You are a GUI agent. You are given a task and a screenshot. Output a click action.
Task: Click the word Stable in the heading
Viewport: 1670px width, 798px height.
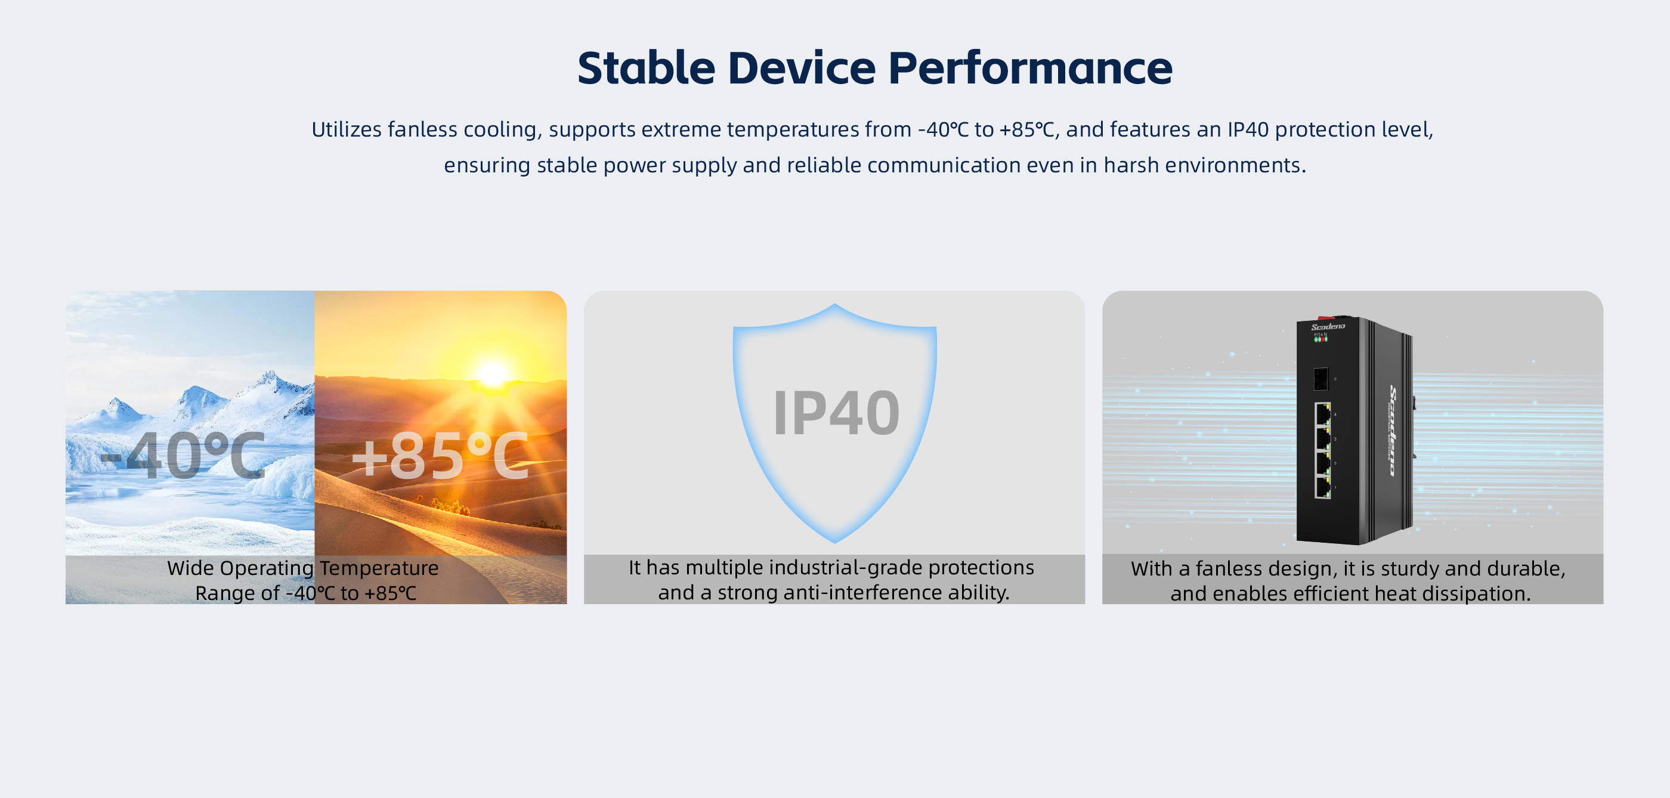(x=647, y=68)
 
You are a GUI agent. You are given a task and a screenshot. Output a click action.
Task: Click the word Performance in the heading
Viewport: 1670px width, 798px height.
(x=1030, y=68)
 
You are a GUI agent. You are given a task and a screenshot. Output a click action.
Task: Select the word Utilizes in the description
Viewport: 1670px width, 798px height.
(x=346, y=129)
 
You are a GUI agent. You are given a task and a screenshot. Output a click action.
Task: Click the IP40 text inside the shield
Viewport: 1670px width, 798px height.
(x=836, y=413)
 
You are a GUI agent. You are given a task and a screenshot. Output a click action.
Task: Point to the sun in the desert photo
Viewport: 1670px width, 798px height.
(x=491, y=374)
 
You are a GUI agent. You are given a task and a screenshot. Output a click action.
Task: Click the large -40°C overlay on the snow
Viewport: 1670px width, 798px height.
(x=184, y=456)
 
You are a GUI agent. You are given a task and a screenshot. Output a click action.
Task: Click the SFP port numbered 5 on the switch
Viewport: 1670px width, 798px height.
(x=1320, y=379)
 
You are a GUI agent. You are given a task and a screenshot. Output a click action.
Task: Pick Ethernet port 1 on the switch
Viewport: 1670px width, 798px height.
(x=1322, y=487)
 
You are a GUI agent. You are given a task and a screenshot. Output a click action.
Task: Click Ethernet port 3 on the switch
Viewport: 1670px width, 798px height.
(x=1322, y=438)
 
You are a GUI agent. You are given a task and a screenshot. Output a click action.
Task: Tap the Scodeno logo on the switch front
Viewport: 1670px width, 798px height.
(x=1328, y=327)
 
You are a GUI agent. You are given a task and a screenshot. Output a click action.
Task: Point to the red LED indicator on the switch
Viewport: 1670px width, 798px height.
(x=1320, y=339)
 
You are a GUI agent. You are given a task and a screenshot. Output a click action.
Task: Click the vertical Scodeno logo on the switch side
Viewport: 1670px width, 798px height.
(x=1393, y=431)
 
